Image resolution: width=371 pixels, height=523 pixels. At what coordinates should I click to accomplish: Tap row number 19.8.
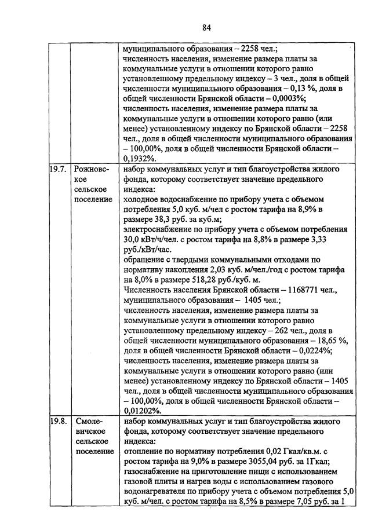[x=58, y=420]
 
